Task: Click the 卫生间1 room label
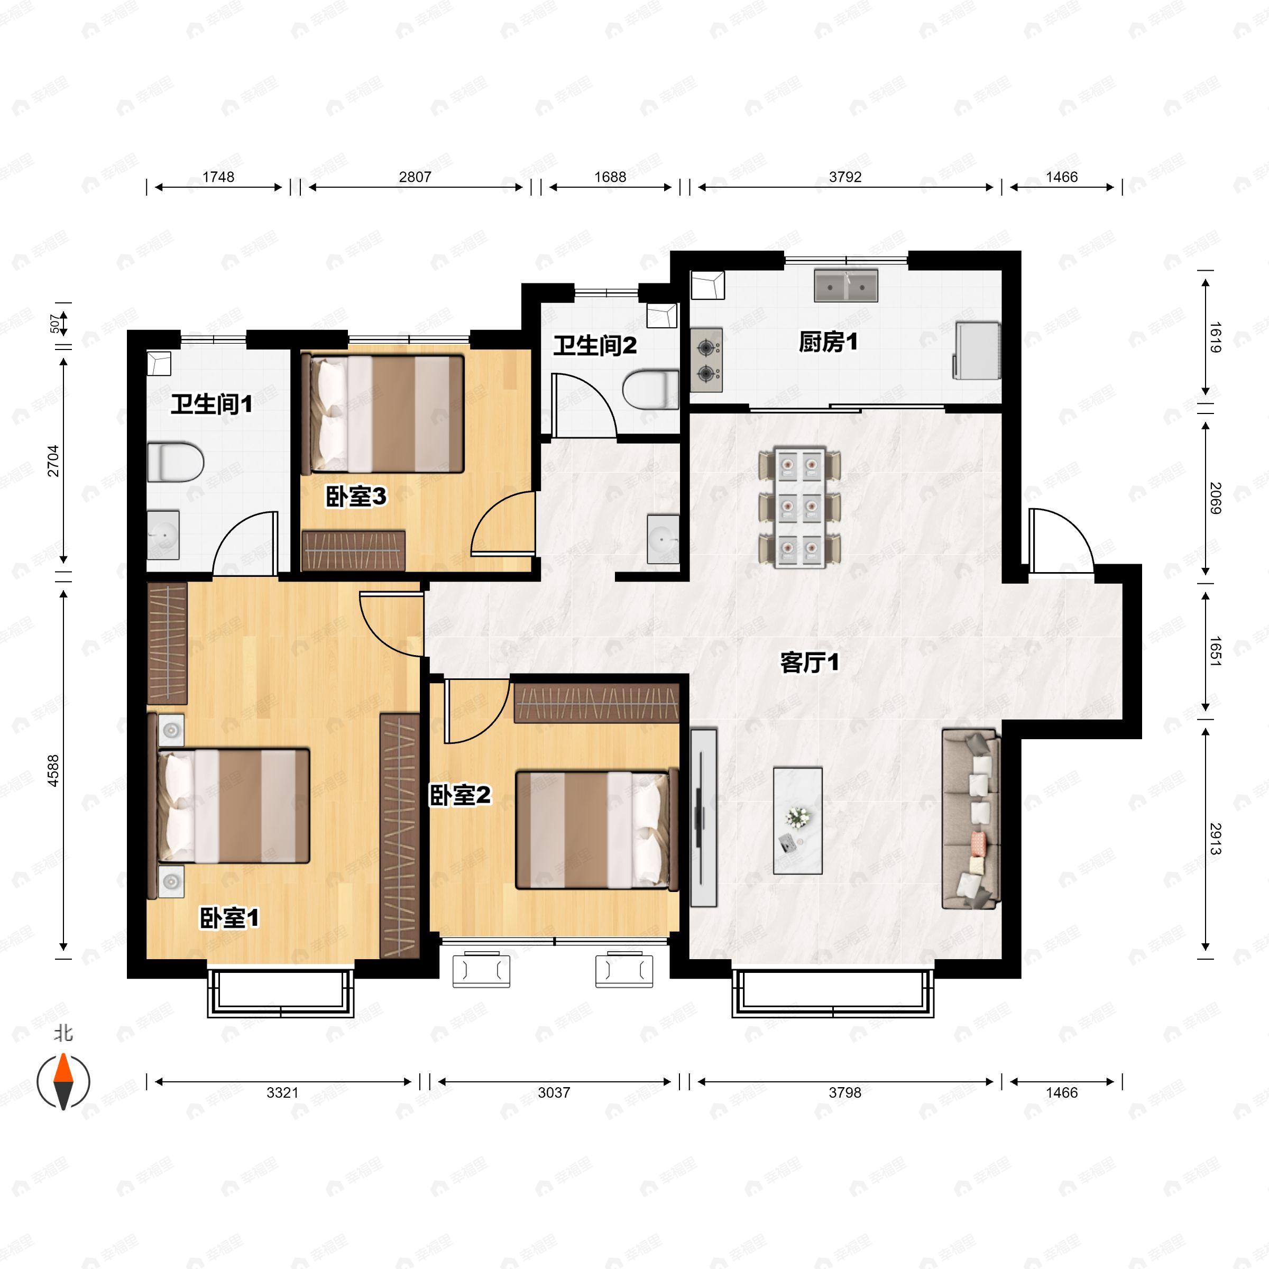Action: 212,404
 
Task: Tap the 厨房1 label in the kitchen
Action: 828,342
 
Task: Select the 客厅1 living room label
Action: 809,663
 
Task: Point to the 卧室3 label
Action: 356,497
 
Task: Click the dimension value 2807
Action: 415,177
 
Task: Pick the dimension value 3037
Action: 554,1092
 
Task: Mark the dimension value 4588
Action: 52,770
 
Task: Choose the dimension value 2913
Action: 1215,840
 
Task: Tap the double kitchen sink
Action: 846,286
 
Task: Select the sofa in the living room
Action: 971,819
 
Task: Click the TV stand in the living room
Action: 703,817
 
